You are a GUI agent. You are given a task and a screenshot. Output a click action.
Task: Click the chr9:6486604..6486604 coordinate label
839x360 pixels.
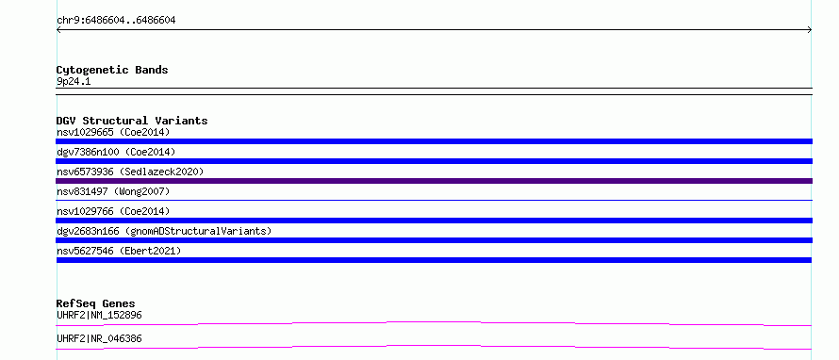tap(116, 21)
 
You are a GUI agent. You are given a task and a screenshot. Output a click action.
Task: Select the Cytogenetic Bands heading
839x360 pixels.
tap(112, 70)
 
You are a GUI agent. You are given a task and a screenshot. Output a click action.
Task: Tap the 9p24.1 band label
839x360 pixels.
tap(74, 82)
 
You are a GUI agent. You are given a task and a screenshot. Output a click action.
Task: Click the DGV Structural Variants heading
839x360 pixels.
tap(132, 121)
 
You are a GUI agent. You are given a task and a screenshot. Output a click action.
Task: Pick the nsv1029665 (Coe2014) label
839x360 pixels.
tap(113, 132)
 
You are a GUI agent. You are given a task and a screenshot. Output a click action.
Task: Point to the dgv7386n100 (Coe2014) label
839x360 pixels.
tap(116, 152)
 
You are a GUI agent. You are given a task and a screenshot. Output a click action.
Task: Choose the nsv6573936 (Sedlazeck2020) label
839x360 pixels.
tap(130, 172)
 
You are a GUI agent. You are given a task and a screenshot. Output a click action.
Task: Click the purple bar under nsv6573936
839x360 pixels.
tap(434, 181)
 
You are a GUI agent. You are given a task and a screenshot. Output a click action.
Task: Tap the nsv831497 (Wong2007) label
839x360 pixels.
tap(113, 191)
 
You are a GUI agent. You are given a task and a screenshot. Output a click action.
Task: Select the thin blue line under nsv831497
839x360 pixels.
tap(434, 200)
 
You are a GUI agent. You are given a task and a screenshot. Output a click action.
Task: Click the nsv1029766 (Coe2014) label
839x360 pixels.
tap(113, 211)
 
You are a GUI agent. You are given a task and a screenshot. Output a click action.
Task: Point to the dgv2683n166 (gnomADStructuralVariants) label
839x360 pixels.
tap(164, 231)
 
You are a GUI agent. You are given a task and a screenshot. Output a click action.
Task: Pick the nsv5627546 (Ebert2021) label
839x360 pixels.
tap(119, 251)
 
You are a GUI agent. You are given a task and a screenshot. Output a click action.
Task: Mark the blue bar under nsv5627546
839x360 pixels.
tap(434, 260)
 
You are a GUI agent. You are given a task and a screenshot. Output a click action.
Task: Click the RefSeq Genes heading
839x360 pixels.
tap(95, 303)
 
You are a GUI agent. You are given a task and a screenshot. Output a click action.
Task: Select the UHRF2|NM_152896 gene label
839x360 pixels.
tap(99, 315)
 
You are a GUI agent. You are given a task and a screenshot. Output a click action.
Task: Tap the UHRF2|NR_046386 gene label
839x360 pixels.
tap(99, 338)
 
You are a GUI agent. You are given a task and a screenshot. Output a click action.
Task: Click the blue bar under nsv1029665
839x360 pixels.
tap(434, 141)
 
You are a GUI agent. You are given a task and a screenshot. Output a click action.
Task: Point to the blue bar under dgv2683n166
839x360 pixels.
tap(434, 240)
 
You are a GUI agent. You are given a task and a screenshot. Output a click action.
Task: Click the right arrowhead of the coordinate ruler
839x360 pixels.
tap(811, 30)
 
